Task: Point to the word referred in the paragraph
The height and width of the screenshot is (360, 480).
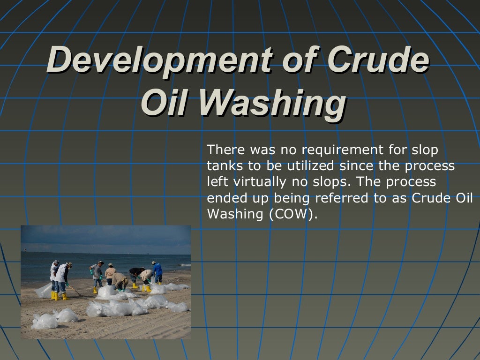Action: point(342,198)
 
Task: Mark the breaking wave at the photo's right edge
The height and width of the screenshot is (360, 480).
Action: point(186,265)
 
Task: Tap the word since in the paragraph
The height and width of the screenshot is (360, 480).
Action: point(355,166)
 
